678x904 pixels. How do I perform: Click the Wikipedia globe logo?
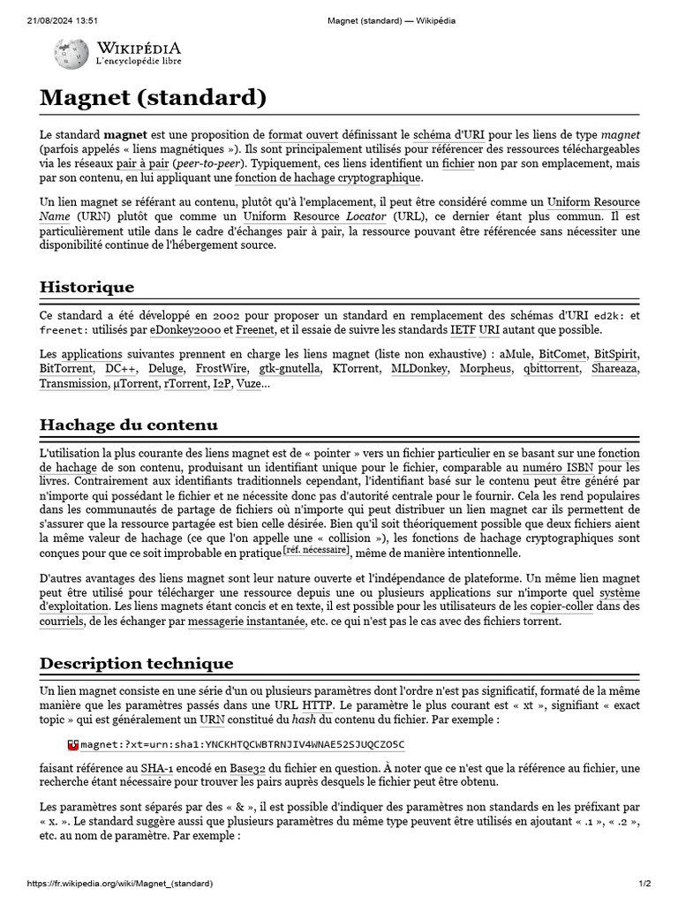[70, 55]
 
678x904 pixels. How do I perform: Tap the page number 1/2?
[644, 884]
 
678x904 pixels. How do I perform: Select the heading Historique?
[87, 287]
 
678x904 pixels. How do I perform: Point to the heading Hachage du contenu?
[129, 425]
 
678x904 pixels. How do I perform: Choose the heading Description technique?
[137, 663]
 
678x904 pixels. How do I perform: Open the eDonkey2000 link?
[185, 330]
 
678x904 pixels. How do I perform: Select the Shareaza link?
[614, 369]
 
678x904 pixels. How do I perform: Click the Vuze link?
[248, 384]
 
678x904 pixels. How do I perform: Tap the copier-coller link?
[561, 606]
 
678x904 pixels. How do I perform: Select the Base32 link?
[248, 768]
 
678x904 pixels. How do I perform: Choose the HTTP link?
[317, 705]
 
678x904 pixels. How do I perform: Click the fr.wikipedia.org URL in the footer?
[119, 884]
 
